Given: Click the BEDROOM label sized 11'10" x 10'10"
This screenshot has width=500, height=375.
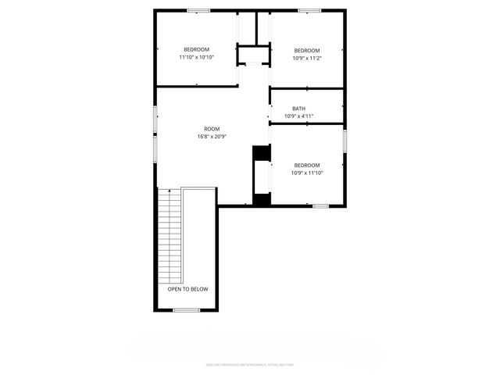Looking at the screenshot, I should pos(196,49).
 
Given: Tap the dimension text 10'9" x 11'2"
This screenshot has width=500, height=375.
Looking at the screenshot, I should pos(307,58).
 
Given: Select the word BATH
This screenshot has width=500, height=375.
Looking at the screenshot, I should pos(299,109).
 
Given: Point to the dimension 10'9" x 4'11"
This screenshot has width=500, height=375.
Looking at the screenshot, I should pos(299,116).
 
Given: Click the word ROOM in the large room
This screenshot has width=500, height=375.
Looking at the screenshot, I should pos(212,129).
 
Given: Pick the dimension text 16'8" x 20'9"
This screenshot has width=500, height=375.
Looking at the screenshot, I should pos(212,137).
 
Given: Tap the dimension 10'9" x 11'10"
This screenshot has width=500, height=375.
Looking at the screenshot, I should pos(307,173).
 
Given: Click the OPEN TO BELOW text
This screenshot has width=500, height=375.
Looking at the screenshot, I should pos(187,289).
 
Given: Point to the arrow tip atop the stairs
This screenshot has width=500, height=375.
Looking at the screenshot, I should pos(170,189).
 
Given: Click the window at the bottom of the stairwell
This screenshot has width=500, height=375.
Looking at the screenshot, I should pos(186,310).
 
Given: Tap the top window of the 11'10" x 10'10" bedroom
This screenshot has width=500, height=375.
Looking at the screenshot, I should pos(198,10).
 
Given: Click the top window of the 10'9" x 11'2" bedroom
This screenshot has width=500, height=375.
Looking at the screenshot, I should pos(309,10).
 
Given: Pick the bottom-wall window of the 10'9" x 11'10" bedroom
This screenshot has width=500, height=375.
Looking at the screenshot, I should pos(320,205).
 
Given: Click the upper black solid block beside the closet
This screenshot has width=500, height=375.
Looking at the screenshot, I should pos(260,154).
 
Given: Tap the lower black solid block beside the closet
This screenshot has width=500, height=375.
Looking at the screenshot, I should pos(261,199).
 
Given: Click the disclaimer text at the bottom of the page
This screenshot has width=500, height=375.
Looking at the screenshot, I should pos(250,364).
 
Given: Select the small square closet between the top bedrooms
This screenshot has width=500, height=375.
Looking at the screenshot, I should pos(253,55).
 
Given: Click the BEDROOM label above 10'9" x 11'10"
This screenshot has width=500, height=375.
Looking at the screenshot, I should pos(307,165).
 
